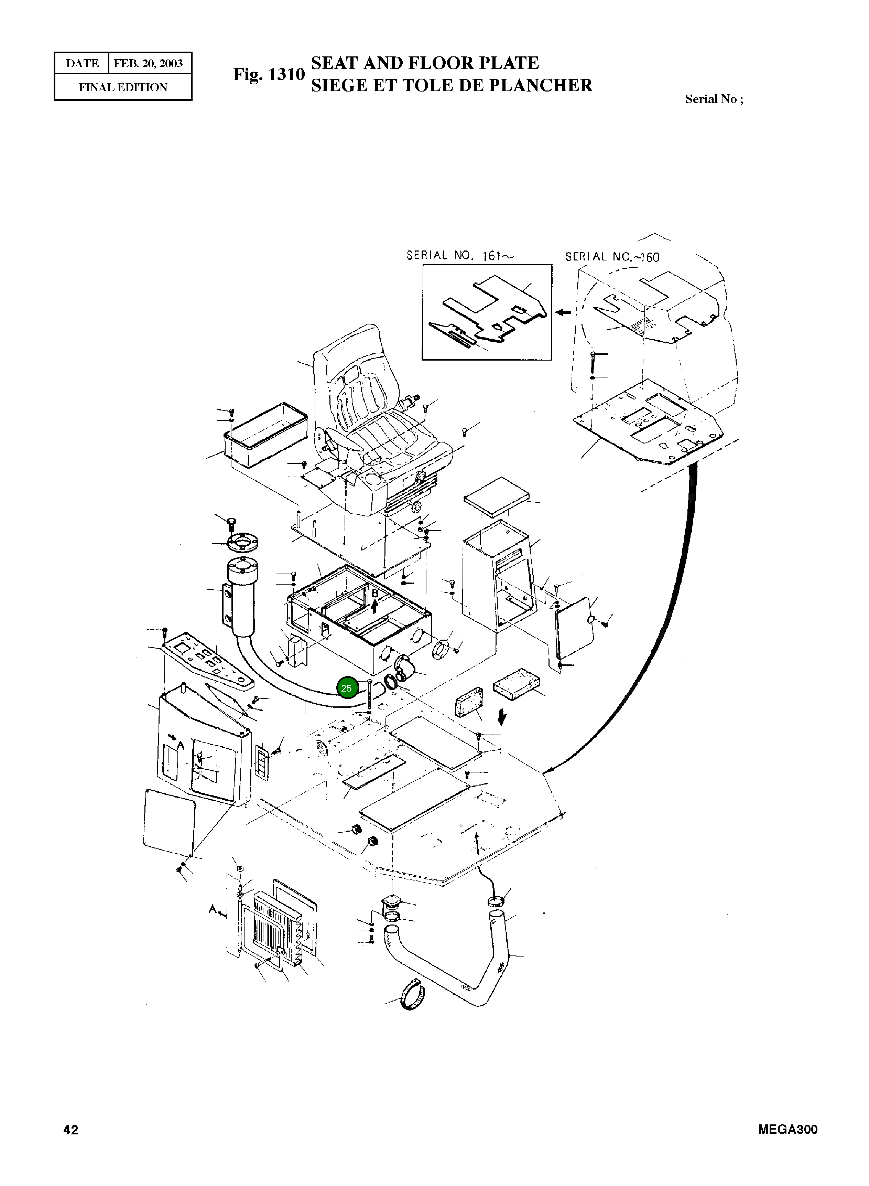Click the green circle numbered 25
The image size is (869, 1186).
pos(347,688)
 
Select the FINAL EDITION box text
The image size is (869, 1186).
pos(123,87)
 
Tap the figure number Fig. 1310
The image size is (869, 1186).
pos(269,74)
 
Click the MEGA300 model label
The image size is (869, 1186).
pos(787,1130)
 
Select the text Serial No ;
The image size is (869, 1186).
pos(714,99)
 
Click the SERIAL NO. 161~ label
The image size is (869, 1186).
pos(460,256)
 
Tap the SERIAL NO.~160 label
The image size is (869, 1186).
pos(612,257)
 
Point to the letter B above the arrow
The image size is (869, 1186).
pos(374,594)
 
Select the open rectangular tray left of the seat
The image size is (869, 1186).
pos(265,436)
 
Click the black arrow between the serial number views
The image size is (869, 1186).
pos(564,312)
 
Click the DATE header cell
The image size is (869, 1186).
pos(82,64)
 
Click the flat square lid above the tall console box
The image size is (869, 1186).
pos(496,495)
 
